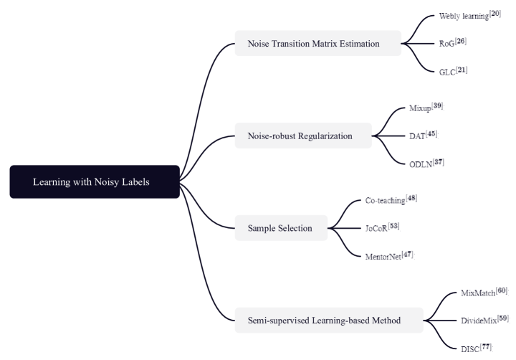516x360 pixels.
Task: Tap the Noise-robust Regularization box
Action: pos(303,136)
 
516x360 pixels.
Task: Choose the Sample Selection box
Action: pos(281,228)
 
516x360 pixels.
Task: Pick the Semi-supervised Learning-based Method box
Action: pos(329,320)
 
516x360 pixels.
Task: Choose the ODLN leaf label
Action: pos(422,163)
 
